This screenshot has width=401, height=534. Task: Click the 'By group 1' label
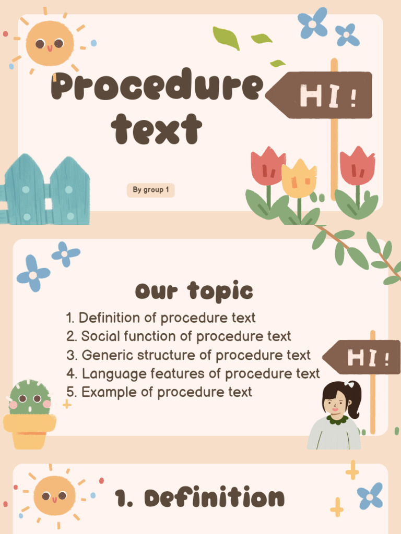point(150,190)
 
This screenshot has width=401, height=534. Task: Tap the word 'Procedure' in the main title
point(157,87)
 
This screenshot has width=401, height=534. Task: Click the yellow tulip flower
point(299,179)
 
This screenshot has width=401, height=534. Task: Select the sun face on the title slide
point(50,44)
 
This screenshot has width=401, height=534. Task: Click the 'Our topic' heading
point(194,292)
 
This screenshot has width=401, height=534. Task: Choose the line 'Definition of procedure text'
point(161,318)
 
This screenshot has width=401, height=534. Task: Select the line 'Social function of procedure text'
point(179,336)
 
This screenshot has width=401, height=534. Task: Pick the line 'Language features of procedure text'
point(194,373)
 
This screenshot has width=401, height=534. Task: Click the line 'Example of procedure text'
point(160,392)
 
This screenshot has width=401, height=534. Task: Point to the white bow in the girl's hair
point(350,385)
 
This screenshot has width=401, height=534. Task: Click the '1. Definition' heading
point(200,498)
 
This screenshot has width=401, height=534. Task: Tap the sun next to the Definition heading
point(54,495)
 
